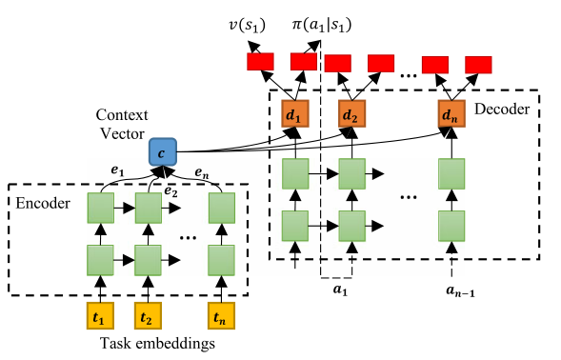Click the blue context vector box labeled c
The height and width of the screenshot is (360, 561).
point(164,151)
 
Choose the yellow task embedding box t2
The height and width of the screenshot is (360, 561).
point(148,315)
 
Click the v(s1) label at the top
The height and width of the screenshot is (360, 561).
point(248,20)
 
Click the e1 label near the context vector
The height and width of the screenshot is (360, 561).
point(118,170)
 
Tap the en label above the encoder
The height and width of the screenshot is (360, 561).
point(202,172)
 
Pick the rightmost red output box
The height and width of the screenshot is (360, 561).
point(478,64)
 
